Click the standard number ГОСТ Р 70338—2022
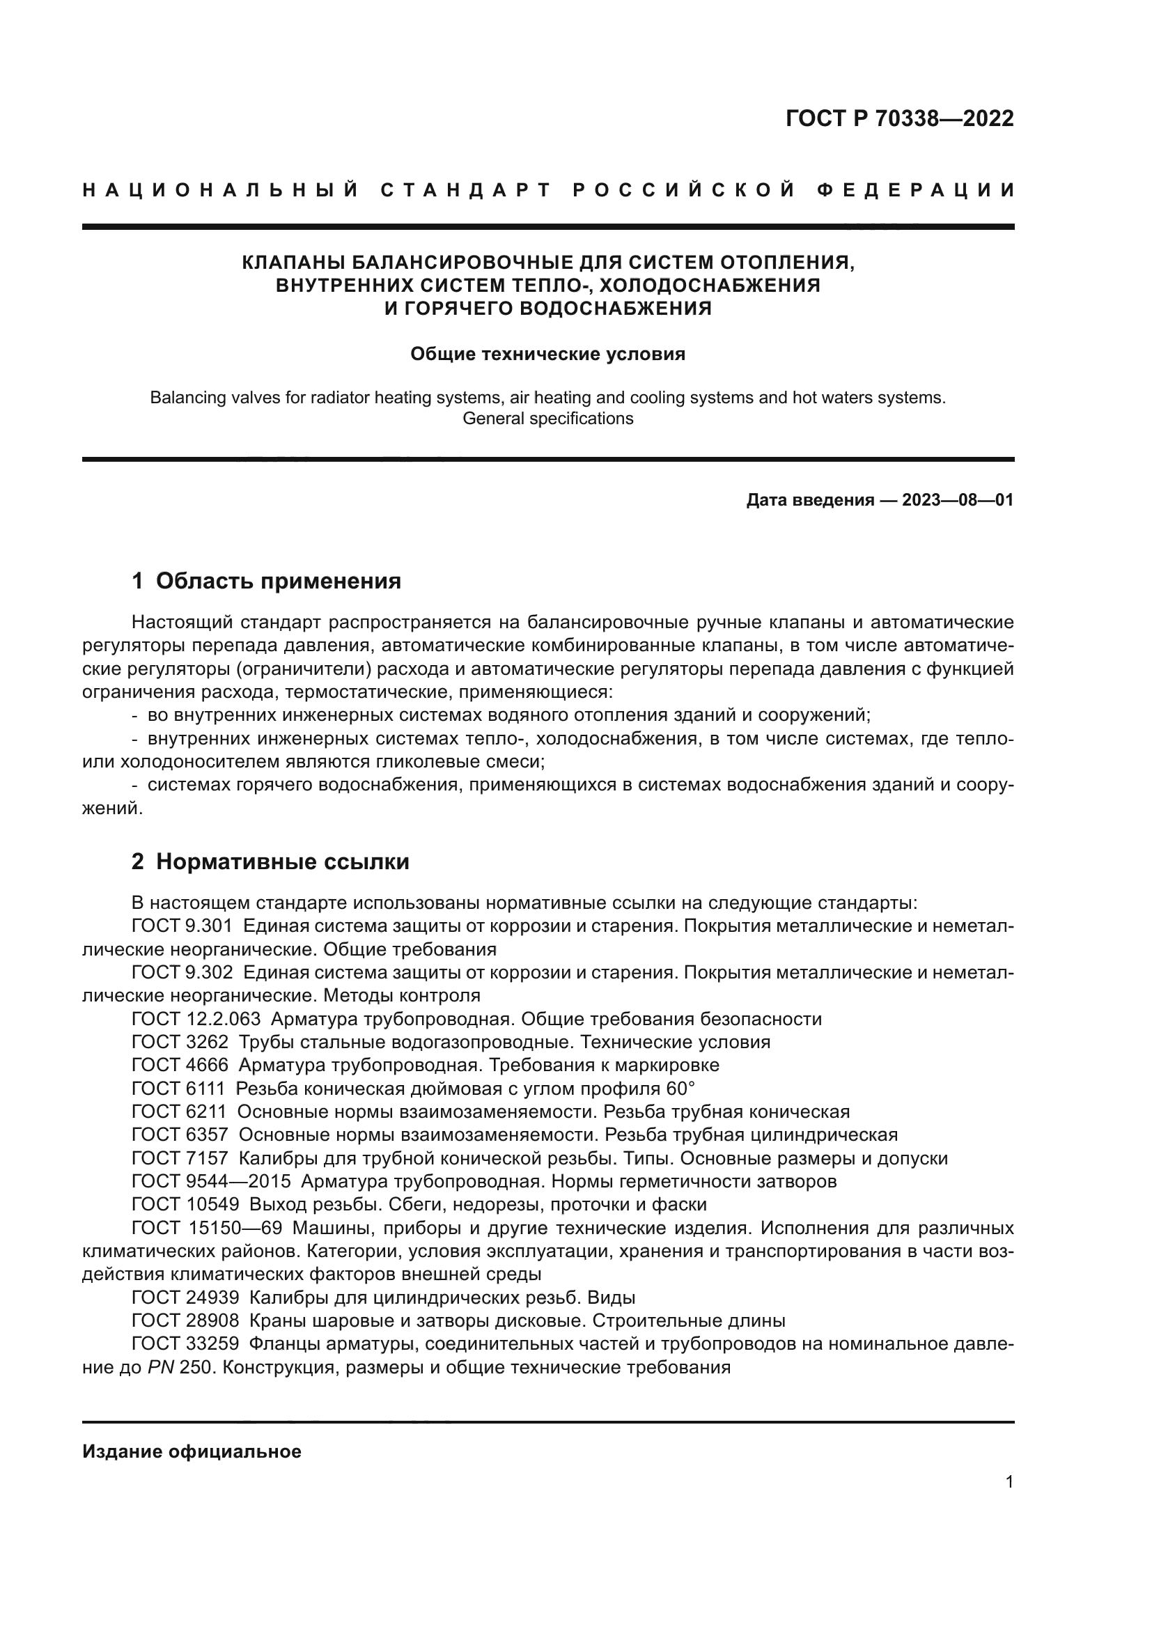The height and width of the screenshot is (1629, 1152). [899, 118]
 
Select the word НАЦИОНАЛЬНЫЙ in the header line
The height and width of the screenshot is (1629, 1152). [221, 190]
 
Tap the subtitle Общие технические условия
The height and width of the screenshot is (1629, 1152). [547, 354]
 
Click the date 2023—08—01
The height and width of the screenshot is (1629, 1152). [958, 500]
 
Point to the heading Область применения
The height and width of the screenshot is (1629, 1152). [278, 581]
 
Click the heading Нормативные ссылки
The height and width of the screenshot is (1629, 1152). [282, 862]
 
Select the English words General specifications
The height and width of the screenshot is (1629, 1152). [547, 419]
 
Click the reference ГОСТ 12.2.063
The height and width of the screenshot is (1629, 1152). [196, 1019]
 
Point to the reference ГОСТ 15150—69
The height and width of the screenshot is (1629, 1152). [206, 1228]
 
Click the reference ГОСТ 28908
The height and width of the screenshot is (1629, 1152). [185, 1320]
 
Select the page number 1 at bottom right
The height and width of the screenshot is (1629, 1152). [1009, 1482]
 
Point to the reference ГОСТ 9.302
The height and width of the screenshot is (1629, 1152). [182, 972]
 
